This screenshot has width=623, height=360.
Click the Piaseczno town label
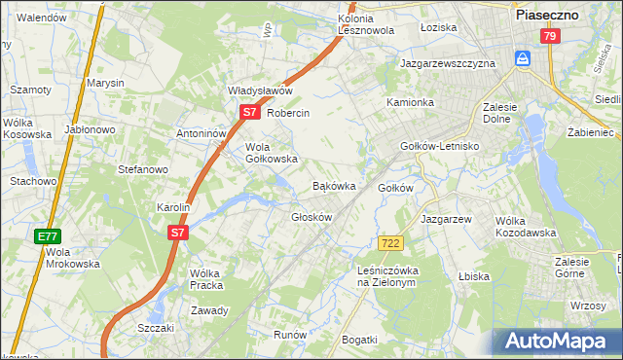tap(546, 16)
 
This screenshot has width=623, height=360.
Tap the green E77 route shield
tap(49, 236)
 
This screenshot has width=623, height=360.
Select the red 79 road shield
tap(550, 36)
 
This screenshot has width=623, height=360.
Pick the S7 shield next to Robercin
tap(249, 113)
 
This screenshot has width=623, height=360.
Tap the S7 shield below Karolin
tap(176, 233)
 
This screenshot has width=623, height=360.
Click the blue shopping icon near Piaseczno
tap(524, 59)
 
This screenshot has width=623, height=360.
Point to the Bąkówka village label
tap(333, 185)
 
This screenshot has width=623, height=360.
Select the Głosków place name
tap(311, 217)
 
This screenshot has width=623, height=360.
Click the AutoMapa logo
tap(557, 342)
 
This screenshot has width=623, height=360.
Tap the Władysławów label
tap(260, 90)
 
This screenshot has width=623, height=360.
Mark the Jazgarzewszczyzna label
tap(448, 63)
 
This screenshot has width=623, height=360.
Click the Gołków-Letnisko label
tap(441, 146)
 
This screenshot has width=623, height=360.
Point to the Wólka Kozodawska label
tap(525, 227)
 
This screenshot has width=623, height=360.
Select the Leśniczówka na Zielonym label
tap(386, 276)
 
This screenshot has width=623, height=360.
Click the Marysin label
tap(106, 84)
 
